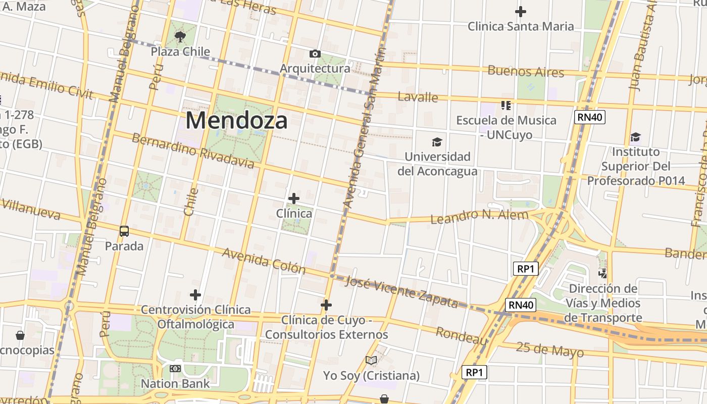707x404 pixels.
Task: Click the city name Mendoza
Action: pyautogui.click(x=237, y=121)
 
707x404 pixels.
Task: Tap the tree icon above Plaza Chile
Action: pyautogui.click(x=180, y=36)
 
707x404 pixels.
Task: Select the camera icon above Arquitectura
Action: pyautogui.click(x=315, y=54)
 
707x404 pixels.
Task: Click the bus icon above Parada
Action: pyautogui.click(x=124, y=231)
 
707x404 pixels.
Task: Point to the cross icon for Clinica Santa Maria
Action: pyautogui.click(x=520, y=11)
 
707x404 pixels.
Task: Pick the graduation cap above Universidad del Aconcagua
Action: pyautogui.click(x=437, y=142)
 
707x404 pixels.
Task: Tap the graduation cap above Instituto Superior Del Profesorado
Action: pyautogui.click(x=635, y=137)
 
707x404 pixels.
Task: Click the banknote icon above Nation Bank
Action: pyautogui.click(x=175, y=369)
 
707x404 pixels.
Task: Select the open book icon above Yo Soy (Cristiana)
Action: pyautogui.click(x=371, y=361)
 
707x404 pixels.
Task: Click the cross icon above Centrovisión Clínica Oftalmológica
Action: pyautogui.click(x=195, y=294)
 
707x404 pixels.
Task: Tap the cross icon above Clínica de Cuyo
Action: pyautogui.click(x=326, y=305)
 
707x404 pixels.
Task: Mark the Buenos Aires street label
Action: pyautogui.click(x=525, y=71)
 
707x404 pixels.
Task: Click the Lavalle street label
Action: pyautogui.click(x=418, y=97)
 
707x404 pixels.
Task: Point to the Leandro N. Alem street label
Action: pyautogui.click(x=479, y=216)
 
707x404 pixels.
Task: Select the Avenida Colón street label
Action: pyautogui.click(x=264, y=261)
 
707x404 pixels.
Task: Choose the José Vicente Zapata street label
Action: pyautogui.click(x=401, y=292)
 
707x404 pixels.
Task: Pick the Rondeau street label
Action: pyautogui.click(x=462, y=336)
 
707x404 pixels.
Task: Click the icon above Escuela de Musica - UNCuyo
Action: pyautogui.click(x=506, y=105)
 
